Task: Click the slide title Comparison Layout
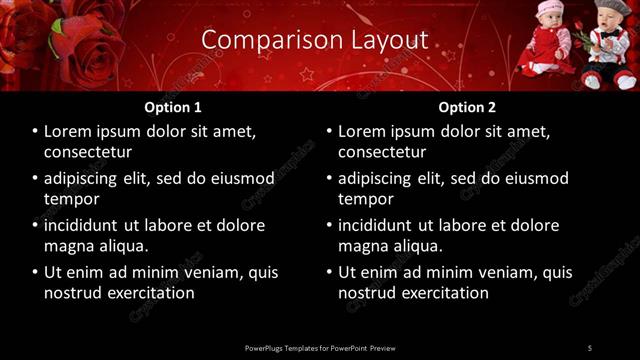tap(314, 40)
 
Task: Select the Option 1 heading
tap(173, 107)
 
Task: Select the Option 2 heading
tap(467, 107)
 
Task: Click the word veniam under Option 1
tap(209, 272)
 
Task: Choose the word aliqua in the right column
tap(418, 246)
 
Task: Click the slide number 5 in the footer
tap(590, 347)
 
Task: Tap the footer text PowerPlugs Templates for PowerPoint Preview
tap(320, 347)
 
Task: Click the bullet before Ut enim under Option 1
tap(35, 272)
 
